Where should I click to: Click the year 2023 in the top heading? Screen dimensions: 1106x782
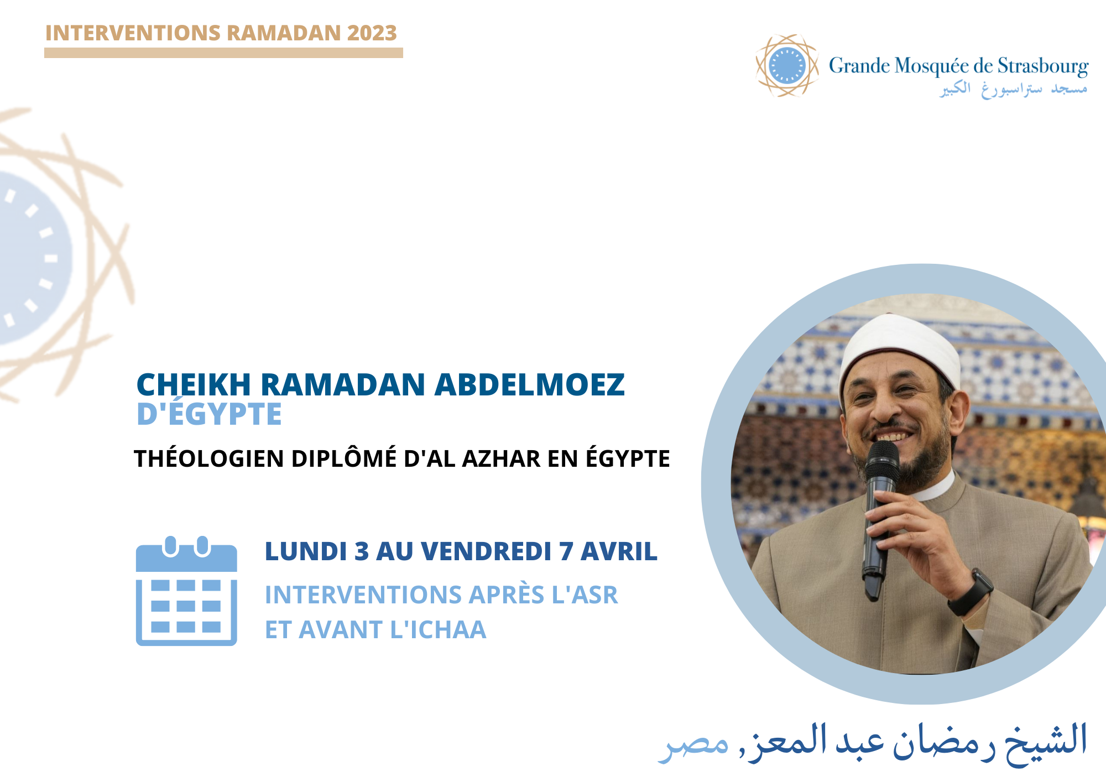tap(372, 33)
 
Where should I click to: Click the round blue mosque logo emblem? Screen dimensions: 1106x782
tap(787, 65)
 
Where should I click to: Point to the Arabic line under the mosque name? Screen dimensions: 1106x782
tap(1014, 89)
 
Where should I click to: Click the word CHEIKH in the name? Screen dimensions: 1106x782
tap(194, 385)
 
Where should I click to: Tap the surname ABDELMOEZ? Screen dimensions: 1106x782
tap(530, 385)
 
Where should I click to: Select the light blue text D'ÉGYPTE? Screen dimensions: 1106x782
tap(209, 414)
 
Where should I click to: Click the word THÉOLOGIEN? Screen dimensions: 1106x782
tap(209, 458)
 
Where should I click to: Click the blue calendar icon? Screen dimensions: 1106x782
tap(186, 590)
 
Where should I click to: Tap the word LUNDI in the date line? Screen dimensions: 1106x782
tap(306, 551)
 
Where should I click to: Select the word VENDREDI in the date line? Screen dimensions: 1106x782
tap(486, 551)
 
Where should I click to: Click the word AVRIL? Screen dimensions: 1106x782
tap(619, 551)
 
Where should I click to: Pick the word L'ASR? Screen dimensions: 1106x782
tap(585, 595)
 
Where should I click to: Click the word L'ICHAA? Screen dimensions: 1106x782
tap(438, 630)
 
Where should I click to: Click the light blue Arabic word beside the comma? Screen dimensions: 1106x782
tap(693, 744)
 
